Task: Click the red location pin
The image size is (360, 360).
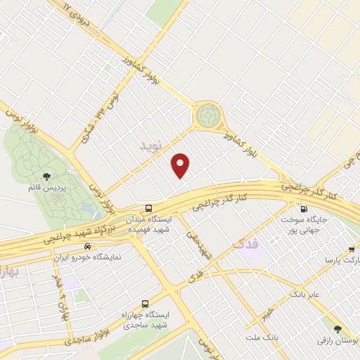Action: [181, 165]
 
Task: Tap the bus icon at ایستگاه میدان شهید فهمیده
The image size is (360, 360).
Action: [148, 208]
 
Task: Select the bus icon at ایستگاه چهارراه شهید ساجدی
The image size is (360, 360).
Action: [145, 304]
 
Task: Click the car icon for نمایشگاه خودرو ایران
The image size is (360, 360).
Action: [87, 246]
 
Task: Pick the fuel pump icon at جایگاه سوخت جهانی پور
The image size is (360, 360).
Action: [303, 208]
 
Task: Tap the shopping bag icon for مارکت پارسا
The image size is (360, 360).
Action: [352, 250]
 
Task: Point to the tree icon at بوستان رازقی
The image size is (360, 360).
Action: [338, 328]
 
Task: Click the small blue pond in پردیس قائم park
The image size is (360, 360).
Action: [85, 208]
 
